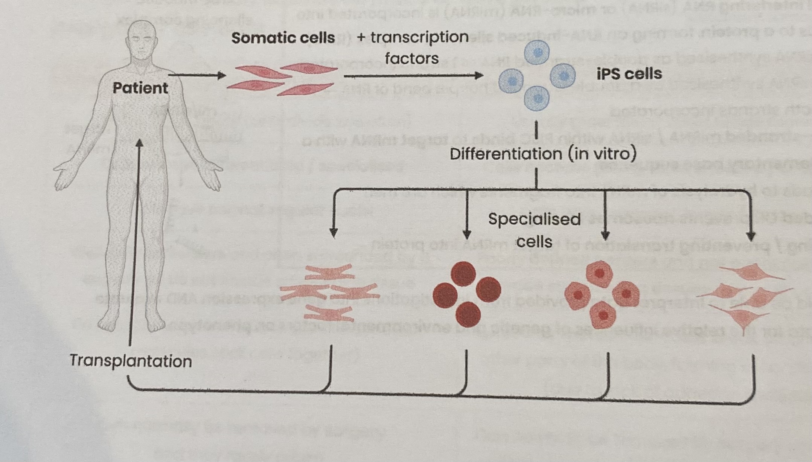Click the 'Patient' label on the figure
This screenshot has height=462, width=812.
(140, 88)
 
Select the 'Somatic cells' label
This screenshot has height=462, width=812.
(283, 38)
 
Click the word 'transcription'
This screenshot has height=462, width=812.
(419, 37)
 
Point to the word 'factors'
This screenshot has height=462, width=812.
(411, 58)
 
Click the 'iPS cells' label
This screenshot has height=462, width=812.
(629, 73)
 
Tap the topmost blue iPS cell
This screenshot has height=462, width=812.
(537, 52)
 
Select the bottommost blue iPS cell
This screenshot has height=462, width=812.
(536, 99)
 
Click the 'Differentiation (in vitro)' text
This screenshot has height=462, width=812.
(543, 154)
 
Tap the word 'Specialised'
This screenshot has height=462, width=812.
(534, 219)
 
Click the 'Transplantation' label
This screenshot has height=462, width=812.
(131, 361)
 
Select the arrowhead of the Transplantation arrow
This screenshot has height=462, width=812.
(140, 143)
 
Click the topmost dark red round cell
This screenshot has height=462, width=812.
(463, 274)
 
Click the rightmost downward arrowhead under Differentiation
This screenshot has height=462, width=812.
(751, 236)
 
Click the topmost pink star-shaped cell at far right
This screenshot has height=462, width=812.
(751, 273)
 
